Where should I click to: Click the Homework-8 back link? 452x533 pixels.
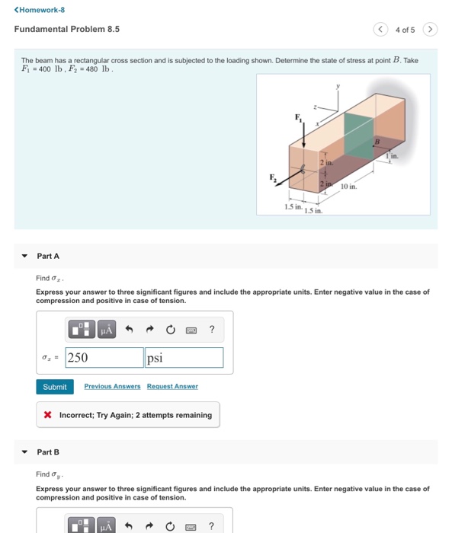pos(40,10)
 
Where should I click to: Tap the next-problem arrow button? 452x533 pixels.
pos(430,29)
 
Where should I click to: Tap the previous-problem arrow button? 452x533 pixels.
pos(380,29)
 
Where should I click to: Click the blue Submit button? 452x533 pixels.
pos(55,387)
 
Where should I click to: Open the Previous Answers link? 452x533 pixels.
pos(112,386)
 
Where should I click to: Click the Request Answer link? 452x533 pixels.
pos(172,386)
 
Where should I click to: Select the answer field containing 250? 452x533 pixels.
pos(104,358)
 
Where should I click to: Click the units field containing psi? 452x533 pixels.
pos(184,358)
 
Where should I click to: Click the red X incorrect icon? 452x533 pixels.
pos(48,415)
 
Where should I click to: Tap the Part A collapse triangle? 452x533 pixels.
pos(24,256)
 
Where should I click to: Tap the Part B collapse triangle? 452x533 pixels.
pos(24,452)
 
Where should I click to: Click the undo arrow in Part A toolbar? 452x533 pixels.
pos(129,329)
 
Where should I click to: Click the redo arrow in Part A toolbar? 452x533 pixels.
pos(149,329)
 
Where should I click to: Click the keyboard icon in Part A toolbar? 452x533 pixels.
pos(191,330)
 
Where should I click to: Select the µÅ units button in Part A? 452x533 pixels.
pos(107,329)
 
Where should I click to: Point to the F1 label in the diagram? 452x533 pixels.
pos(299,118)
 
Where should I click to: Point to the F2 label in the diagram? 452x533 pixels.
pos(274,177)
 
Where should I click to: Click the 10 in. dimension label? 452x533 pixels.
pos(349,187)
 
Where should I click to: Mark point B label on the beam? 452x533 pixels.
pos(377,141)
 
